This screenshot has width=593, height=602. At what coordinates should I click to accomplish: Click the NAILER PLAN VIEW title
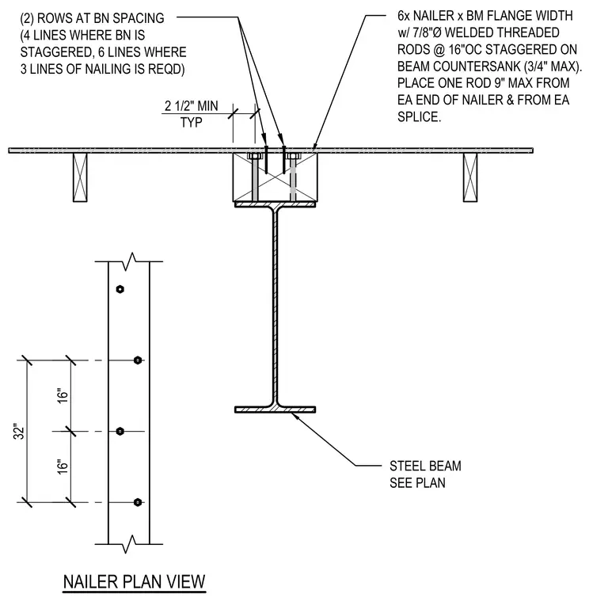click(135, 581)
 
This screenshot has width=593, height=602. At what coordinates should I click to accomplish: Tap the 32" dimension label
click(20, 432)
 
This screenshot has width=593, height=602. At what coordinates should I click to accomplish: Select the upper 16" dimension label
click(63, 396)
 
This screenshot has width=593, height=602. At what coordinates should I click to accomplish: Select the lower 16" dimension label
click(63, 467)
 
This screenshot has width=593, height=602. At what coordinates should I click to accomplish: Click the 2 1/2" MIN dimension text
click(191, 106)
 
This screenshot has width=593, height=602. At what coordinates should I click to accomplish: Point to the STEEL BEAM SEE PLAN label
click(425, 474)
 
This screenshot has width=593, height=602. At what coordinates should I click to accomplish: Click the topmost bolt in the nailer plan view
click(120, 289)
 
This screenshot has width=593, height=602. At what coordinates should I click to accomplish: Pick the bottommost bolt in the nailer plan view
click(138, 502)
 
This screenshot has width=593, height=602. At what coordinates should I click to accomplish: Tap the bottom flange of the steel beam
click(276, 410)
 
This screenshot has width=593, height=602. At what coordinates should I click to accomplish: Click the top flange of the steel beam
click(276, 204)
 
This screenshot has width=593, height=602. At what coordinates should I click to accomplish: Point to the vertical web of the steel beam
click(276, 307)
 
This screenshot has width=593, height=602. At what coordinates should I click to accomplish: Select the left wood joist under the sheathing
click(80, 177)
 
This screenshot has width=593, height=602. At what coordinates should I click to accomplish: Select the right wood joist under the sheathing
click(470, 177)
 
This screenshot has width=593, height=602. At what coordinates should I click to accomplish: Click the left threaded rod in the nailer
click(255, 177)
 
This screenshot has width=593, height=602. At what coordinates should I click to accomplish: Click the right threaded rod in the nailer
click(293, 177)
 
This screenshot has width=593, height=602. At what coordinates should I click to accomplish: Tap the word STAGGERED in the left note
click(53, 51)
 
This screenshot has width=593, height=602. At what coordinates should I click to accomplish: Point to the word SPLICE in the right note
click(419, 116)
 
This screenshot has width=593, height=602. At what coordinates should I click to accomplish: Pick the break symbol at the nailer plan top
click(129, 261)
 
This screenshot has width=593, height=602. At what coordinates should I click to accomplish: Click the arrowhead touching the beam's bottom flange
click(295, 416)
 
